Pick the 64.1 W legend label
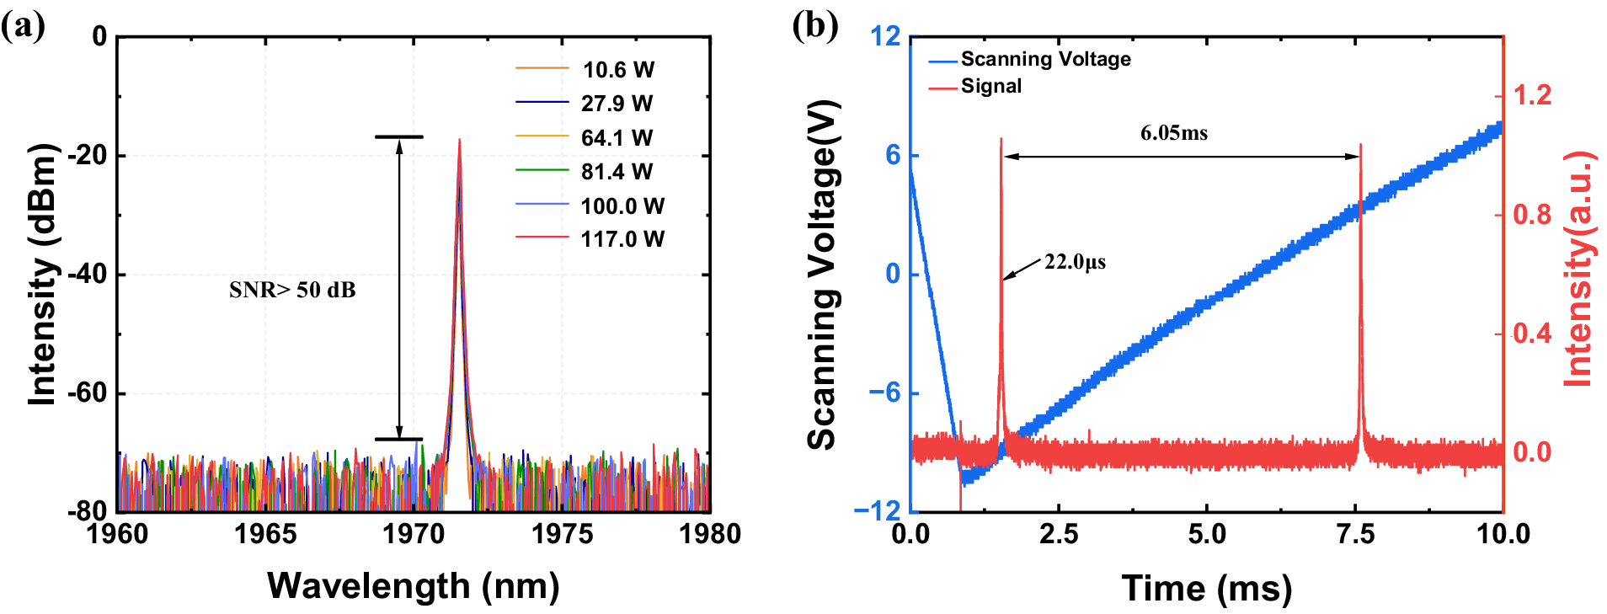click(x=617, y=137)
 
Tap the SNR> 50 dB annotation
click(x=292, y=290)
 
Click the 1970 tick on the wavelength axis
click(x=414, y=533)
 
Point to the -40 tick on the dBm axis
click(x=86, y=275)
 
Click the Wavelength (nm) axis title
click(x=413, y=585)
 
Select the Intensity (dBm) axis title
click(x=42, y=274)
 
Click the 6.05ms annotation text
click(x=1173, y=133)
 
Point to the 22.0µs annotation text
click(x=1075, y=262)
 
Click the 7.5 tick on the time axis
click(x=1355, y=533)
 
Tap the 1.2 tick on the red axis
click(x=1532, y=95)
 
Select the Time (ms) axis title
click(x=1206, y=587)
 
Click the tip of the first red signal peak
click(x=1001, y=139)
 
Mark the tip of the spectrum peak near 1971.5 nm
click(x=459, y=140)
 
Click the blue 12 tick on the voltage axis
click(x=885, y=36)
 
